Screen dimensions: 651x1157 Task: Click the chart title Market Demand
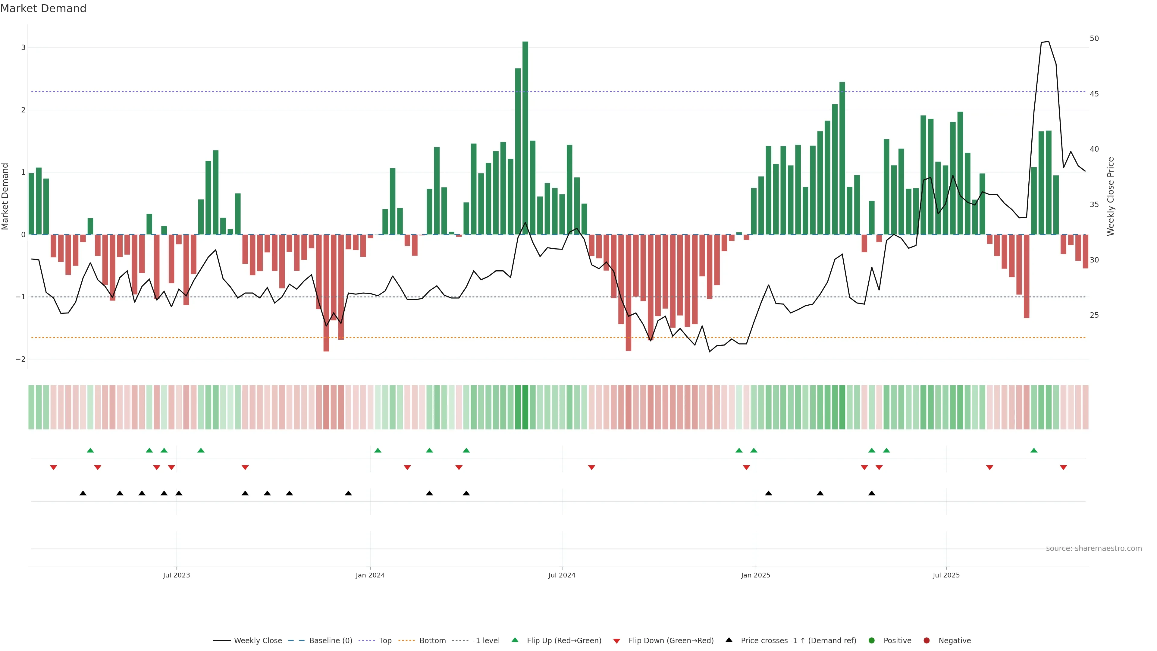click(x=43, y=8)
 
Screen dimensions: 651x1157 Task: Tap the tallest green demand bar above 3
click(x=525, y=135)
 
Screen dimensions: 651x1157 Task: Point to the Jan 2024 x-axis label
click(x=370, y=575)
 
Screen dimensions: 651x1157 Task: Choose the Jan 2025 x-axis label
click(x=755, y=575)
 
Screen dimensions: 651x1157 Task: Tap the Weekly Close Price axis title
click(x=1111, y=196)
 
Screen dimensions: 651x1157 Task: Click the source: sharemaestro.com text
click(x=1094, y=549)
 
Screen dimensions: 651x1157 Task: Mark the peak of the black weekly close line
click(x=1048, y=41)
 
